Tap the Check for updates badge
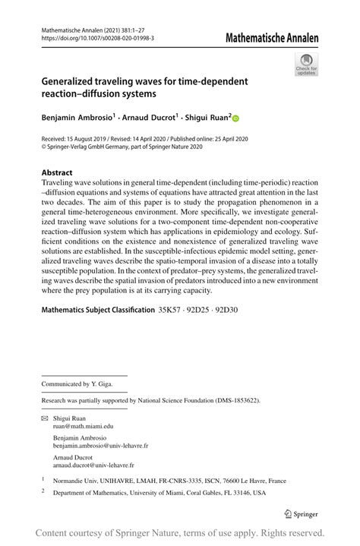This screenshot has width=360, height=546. (306, 65)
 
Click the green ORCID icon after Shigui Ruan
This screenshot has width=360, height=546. (235, 118)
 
